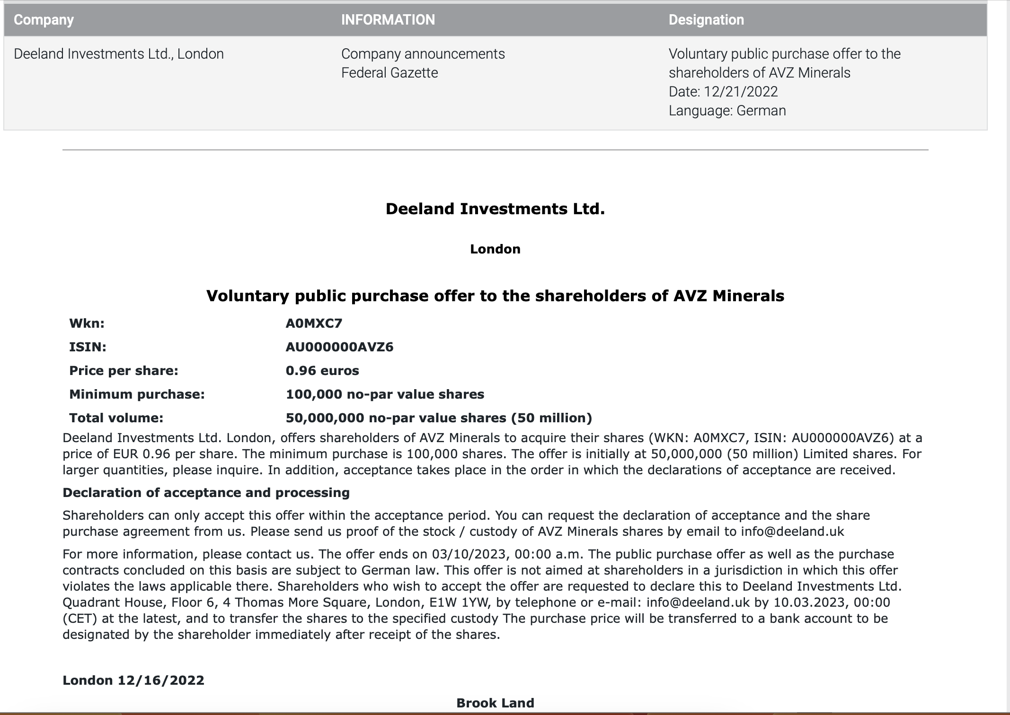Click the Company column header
click(44, 20)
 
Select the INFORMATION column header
click(388, 20)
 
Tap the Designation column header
click(706, 20)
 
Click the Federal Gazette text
click(390, 73)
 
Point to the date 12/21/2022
click(741, 92)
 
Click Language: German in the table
click(727, 111)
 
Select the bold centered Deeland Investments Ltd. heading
click(495, 209)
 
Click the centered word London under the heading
click(495, 249)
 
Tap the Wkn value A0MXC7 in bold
click(314, 323)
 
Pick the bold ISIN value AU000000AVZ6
click(339, 347)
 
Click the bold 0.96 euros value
click(322, 371)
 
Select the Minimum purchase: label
click(137, 394)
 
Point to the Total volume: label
click(116, 418)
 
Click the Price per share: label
click(124, 371)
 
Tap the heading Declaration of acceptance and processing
click(206, 493)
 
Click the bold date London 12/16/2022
click(133, 680)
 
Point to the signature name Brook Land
click(495, 703)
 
